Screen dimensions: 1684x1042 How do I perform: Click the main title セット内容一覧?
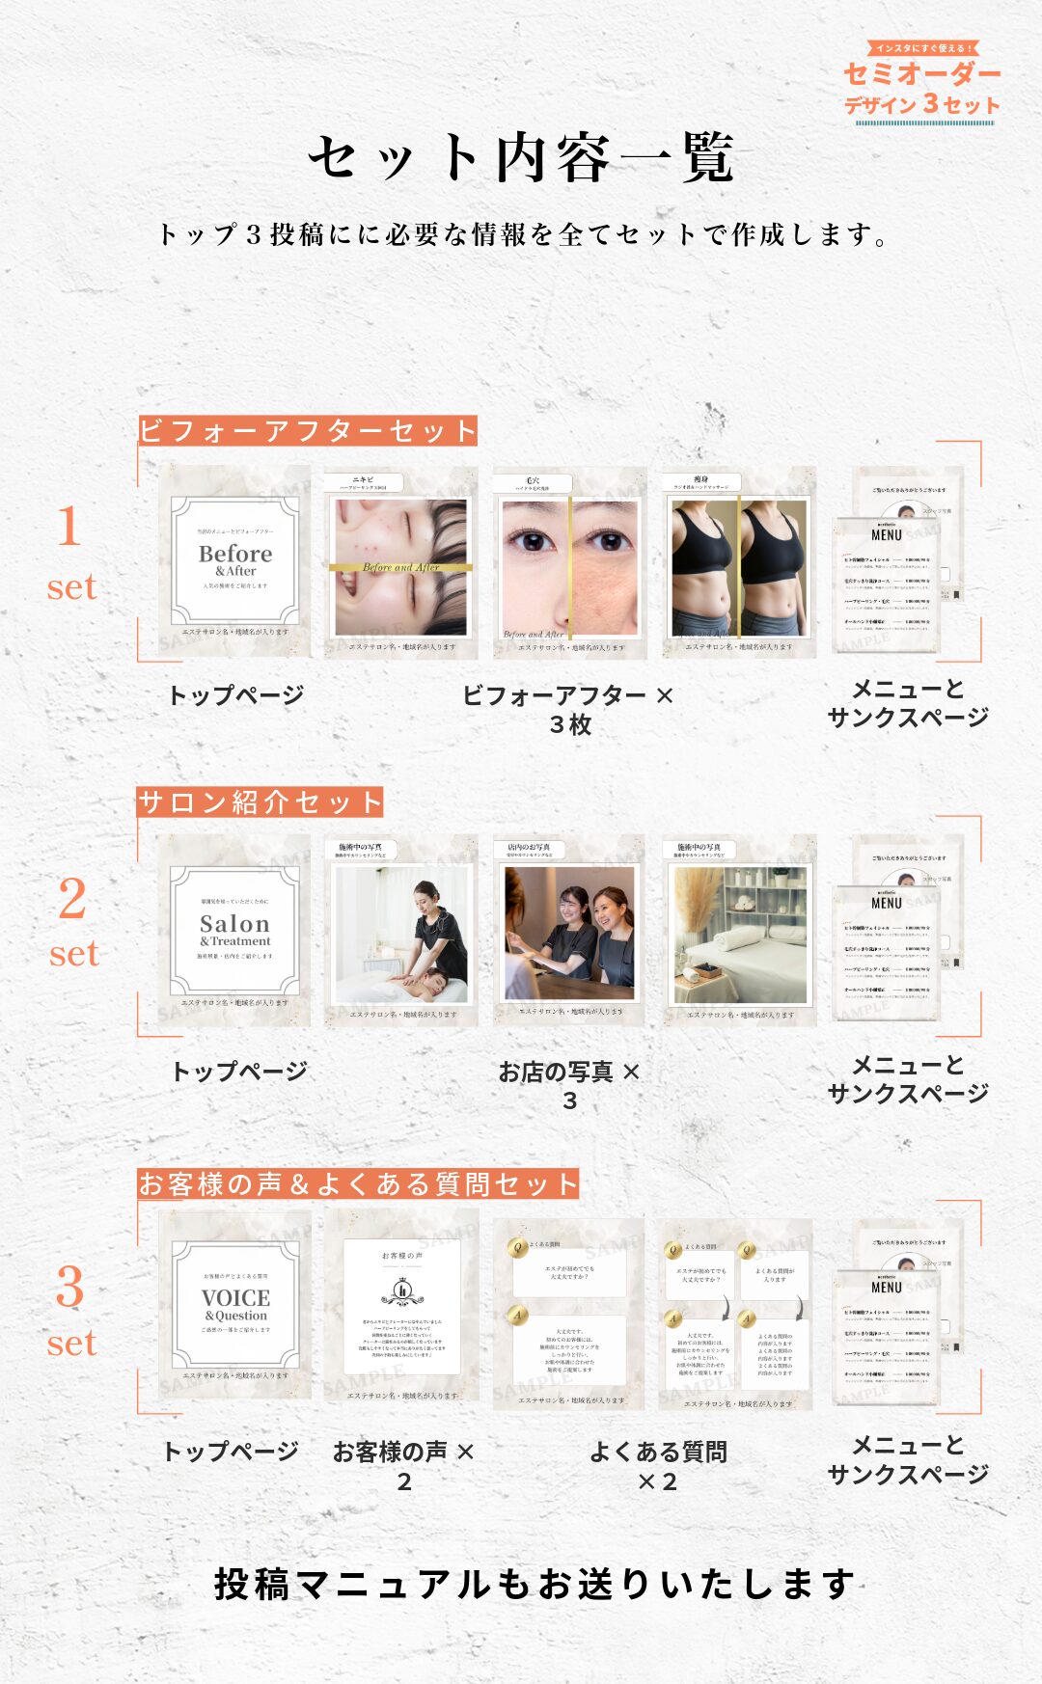(522, 157)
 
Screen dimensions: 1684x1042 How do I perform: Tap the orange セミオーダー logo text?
(921, 74)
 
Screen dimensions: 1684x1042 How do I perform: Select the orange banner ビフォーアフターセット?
(308, 430)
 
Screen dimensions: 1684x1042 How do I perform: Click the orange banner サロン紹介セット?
(260, 801)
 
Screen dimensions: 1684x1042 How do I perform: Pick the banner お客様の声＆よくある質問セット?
(358, 1183)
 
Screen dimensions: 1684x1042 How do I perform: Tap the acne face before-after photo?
(401, 564)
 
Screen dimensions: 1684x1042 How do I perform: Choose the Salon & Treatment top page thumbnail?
(234, 931)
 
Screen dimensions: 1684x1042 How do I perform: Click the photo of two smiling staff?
(569, 932)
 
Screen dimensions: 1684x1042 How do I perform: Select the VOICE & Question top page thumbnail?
(234, 1305)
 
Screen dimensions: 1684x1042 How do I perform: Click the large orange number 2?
(72, 899)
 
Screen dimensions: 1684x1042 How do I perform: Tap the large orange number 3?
(69, 1288)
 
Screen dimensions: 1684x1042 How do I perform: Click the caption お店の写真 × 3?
(569, 1085)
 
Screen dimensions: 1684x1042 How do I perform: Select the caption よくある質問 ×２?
(658, 1465)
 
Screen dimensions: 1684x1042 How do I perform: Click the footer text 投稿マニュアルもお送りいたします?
(534, 1585)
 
